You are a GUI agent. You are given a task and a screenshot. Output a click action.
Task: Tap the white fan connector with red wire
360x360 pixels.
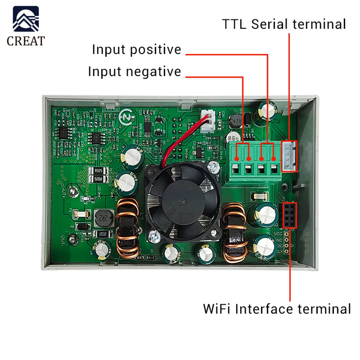coord(207,122)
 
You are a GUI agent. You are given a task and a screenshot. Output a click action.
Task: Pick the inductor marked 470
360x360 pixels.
coord(237,121)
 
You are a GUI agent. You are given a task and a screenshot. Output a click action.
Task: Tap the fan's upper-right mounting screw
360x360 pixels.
coord(215,166)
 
